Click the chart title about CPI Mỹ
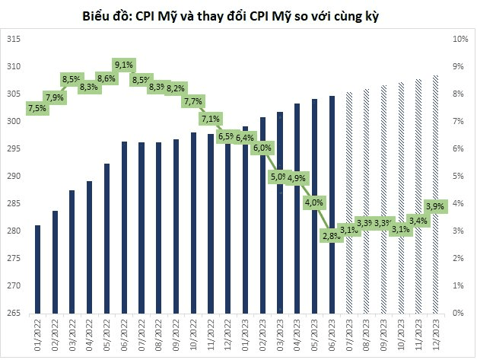click(x=238, y=14)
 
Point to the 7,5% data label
click(x=37, y=108)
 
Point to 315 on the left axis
click(x=13, y=39)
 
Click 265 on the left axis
click(x=13, y=313)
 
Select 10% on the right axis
click(x=459, y=39)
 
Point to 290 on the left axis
click(x=13, y=176)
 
